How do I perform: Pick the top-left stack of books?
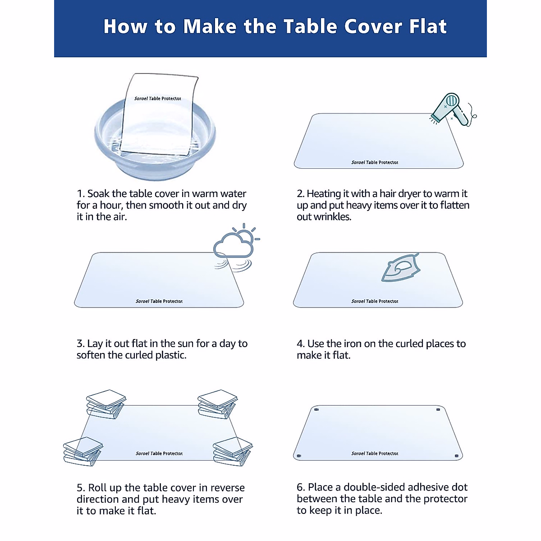(x=106, y=404)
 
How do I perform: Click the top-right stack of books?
(x=217, y=404)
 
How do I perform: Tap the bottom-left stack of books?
(x=83, y=451)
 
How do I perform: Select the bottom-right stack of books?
(x=232, y=451)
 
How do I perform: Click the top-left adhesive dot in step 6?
(x=316, y=410)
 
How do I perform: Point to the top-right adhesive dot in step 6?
(x=438, y=410)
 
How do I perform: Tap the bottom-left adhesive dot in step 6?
(x=298, y=456)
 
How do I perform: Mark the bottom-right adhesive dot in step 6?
(x=456, y=456)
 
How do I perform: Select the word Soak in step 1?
(x=98, y=194)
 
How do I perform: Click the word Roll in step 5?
(x=97, y=488)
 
